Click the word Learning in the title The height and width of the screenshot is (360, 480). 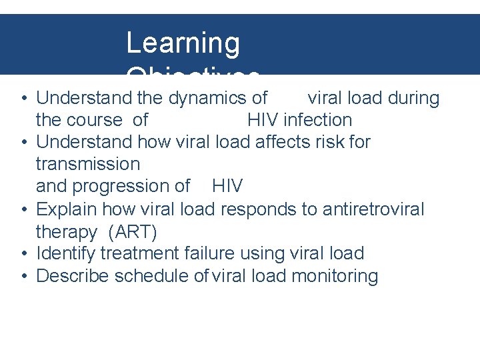pos(182,43)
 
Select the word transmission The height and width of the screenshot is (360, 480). pos(88,164)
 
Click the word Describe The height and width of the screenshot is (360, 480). pos(73,277)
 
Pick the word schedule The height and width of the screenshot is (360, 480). pos(153,277)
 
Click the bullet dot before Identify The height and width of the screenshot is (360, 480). pos(24,254)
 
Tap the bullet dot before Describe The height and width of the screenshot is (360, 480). pos(24,277)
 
